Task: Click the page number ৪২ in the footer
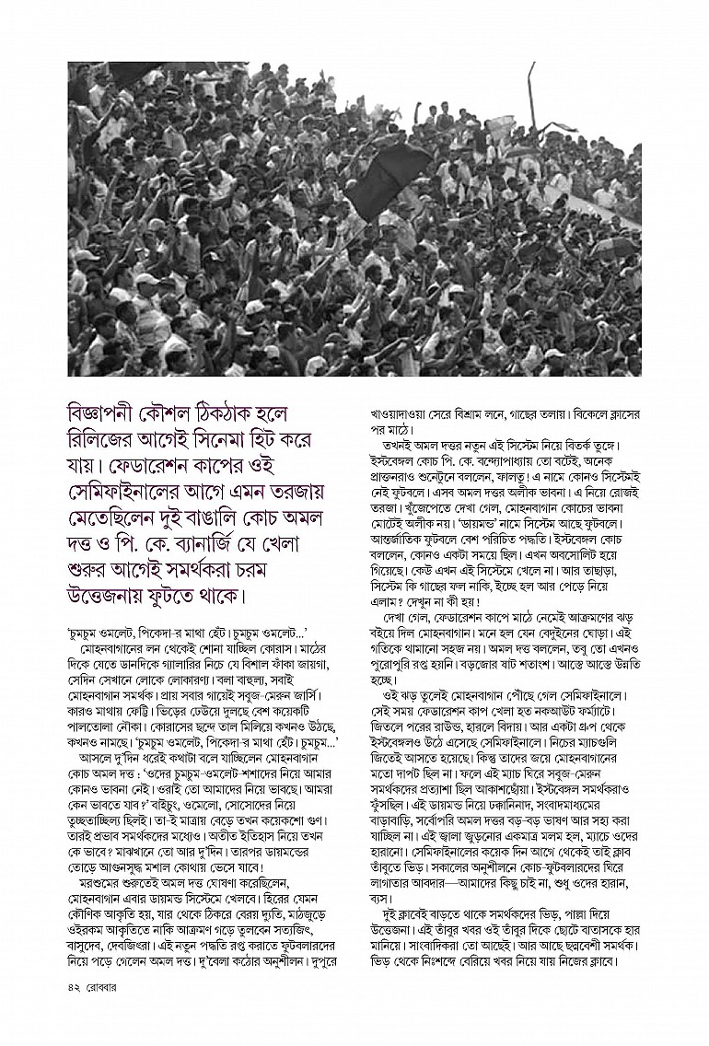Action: click(76, 1011)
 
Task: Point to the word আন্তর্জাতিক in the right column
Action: click(401, 561)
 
